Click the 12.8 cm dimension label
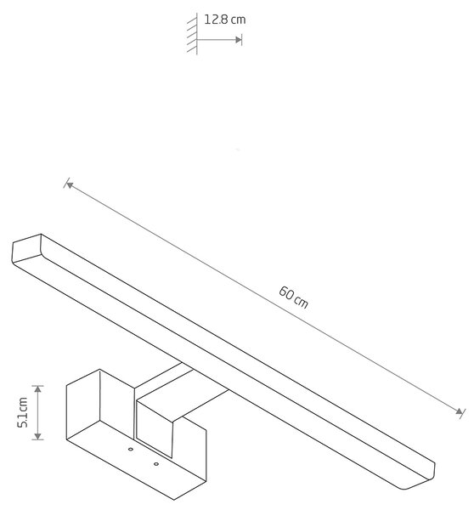tap(224, 20)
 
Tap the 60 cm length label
tap(293, 297)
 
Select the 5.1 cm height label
tap(23, 412)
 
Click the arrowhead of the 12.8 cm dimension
tap(239, 40)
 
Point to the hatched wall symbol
tap(193, 34)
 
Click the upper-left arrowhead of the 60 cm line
tap(69, 184)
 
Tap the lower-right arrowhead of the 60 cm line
tap(459, 411)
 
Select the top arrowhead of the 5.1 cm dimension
tap(38, 389)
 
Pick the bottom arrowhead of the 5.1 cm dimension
tap(38, 436)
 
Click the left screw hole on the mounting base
tap(131, 449)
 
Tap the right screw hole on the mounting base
tap(156, 464)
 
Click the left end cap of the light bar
tap(26, 248)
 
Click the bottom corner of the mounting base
tap(174, 500)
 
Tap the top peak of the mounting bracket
tap(99, 369)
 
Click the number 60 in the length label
tap(286, 292)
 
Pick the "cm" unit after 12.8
tap(239, 20)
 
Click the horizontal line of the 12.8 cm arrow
tap(217, 40)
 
